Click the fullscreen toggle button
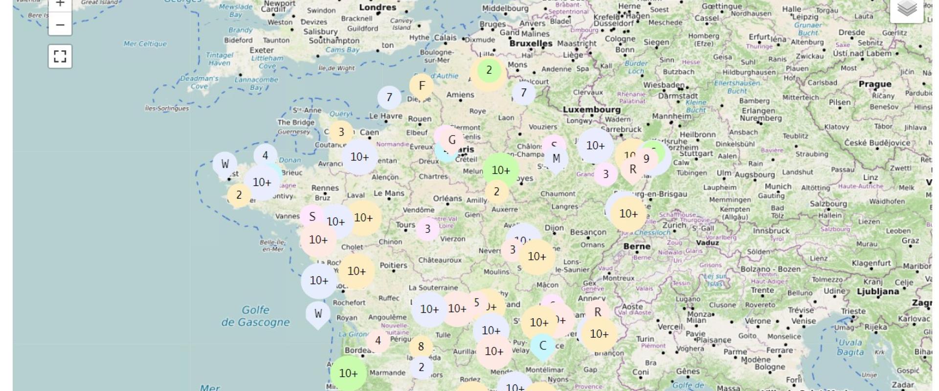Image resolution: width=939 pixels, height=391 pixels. tap(60, 56)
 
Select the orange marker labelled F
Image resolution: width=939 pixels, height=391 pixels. tap(422, 86)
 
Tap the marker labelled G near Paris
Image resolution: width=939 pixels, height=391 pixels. tap(452, 140)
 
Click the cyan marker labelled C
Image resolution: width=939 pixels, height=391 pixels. tap(542, 346)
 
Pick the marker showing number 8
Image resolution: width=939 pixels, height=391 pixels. tap(421, 347)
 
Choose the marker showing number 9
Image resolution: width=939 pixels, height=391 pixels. tap(646, 159)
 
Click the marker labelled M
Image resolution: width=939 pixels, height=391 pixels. tap(556, 159)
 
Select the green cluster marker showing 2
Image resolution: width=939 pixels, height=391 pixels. tap(489, 70)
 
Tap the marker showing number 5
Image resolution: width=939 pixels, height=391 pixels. tap(476, 303)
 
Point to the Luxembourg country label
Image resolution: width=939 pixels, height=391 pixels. tap(591, 109)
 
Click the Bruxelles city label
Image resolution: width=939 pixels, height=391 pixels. tap(531, 43)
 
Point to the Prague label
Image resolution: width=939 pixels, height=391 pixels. tap(875, 84)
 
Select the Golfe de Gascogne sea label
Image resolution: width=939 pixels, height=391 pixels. tap(255, 316)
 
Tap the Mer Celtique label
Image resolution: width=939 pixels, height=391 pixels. tap(145, 44)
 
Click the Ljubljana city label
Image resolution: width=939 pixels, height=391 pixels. tap(877, 292)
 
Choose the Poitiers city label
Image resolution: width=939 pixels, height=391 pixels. tap(394, 265)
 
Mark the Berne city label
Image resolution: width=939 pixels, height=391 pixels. tap(637, 247)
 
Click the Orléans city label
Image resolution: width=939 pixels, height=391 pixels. tap(447, 198)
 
